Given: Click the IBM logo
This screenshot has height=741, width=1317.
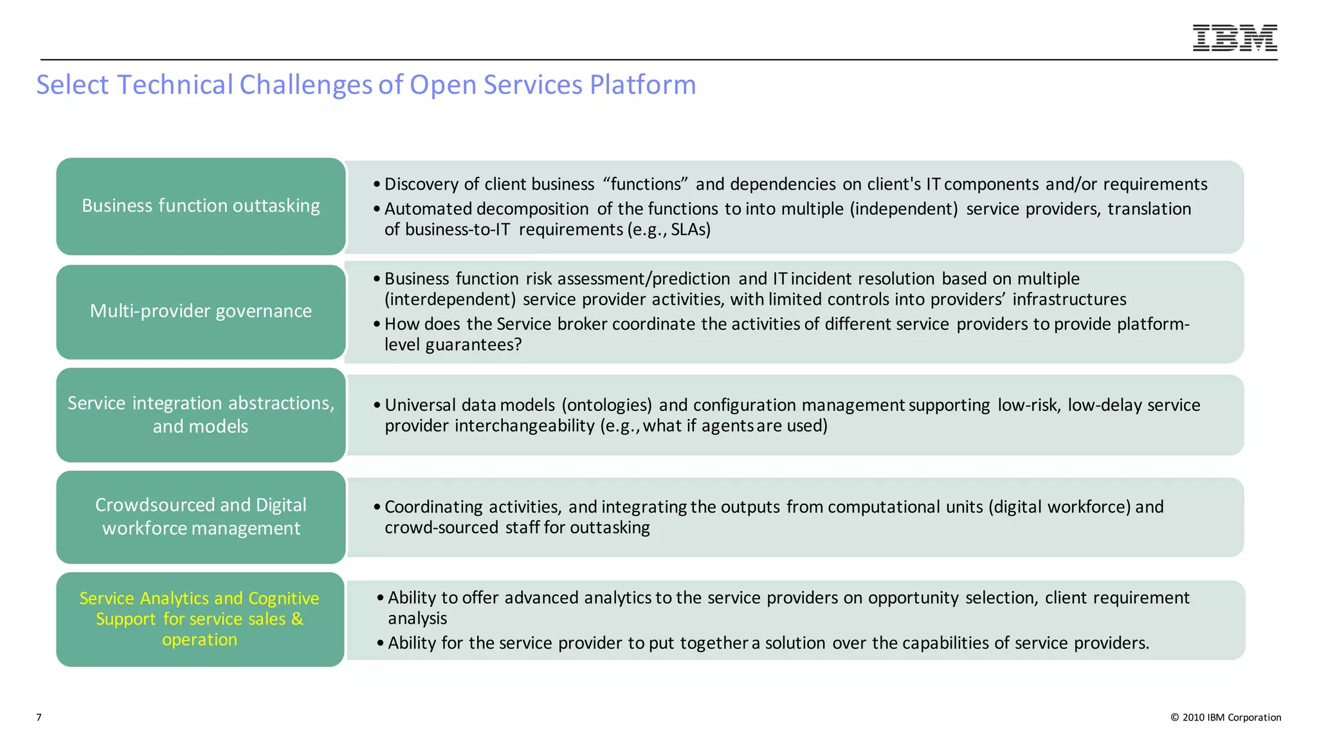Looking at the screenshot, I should [x=1234, y=38].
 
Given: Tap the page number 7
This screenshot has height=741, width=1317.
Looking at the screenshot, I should [x=39, y=717].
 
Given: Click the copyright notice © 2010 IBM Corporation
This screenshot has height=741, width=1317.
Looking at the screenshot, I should [x=1226, y=717].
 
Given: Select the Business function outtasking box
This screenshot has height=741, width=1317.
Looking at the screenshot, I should [x=201, y=206].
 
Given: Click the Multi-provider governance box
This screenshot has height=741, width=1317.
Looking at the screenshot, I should [x=201, y=311].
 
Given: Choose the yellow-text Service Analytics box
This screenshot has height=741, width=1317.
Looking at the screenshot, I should [x=200, y=619].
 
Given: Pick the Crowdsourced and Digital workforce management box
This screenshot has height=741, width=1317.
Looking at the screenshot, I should [x=201, y=517].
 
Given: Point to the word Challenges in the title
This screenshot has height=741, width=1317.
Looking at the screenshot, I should [x=305, y=85].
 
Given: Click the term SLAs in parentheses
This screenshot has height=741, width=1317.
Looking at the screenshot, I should [x=690, y=230].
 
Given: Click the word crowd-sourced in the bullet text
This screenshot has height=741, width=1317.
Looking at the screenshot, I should [x=441, y=527].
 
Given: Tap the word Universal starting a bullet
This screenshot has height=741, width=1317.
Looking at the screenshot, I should [x=420, y=405].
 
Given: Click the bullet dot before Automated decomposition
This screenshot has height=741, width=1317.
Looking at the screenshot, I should [x=377, y=210].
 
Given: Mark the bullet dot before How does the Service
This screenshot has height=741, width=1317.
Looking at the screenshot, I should [x=377, y=324].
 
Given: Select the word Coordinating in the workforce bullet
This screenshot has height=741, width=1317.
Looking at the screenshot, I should [x=433, y=507].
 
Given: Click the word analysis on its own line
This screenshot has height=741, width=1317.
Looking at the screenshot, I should [x=417, y=619].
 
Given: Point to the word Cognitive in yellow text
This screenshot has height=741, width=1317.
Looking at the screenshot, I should [x=284, y=598].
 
